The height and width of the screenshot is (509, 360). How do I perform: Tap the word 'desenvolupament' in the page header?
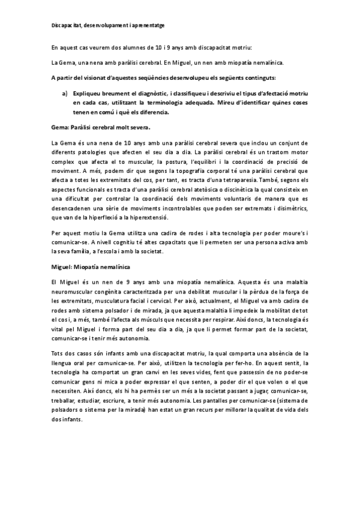[x=103, y=26]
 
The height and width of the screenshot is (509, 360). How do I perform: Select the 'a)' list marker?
[x=65, y=94]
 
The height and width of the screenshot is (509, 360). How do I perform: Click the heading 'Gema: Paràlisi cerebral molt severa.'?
[x=101, y=127]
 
